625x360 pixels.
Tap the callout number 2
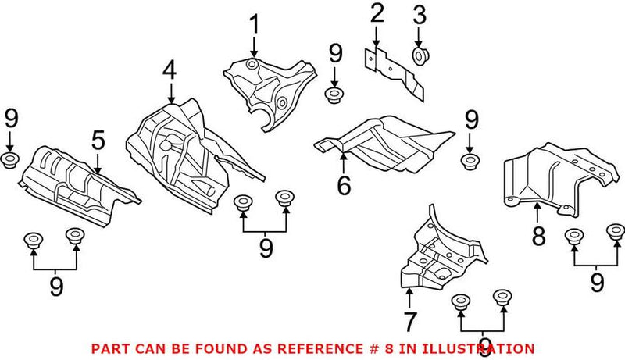pyautogui.click(x=377, y=13)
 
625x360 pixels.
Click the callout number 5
pyautogui.click(x=97, y=141)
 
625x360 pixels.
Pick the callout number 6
pyautogui.click(x=344, y=186)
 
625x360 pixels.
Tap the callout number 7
pyautogui.click(x=410, y=319)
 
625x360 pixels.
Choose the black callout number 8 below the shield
pyautogui.click(x=537, y=235)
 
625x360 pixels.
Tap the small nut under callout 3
pyautogui.click(x=419, y=55)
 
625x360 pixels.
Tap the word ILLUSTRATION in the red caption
pyautogui.click(x=485, y=348)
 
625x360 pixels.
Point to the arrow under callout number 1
pyautogui.click(x=253, y=48)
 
